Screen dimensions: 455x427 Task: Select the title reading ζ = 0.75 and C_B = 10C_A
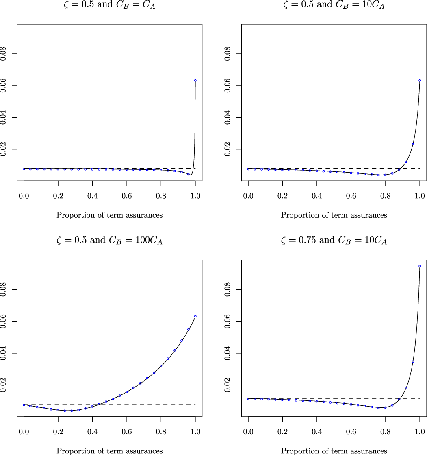[x=334, y=241]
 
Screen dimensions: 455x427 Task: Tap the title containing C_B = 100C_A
[x=109, y=241]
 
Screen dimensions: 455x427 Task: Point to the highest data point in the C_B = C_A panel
[x=195, y=81]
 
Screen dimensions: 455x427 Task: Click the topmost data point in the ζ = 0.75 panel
[x=420, y=266]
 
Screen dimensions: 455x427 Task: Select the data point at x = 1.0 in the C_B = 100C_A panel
[x=195, y=316]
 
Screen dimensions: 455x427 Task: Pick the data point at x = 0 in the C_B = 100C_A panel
[x=24, y=405]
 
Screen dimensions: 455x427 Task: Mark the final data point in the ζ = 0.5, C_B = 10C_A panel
[x=420, y=81]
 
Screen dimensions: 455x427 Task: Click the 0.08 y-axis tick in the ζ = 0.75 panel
[x=228, y=290]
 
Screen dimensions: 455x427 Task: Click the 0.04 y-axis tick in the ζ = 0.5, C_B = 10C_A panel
[x=228, y=117]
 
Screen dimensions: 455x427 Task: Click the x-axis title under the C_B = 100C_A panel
[x=109, y=451]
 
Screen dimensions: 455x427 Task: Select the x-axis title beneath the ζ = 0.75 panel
[x=334, y=451]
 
